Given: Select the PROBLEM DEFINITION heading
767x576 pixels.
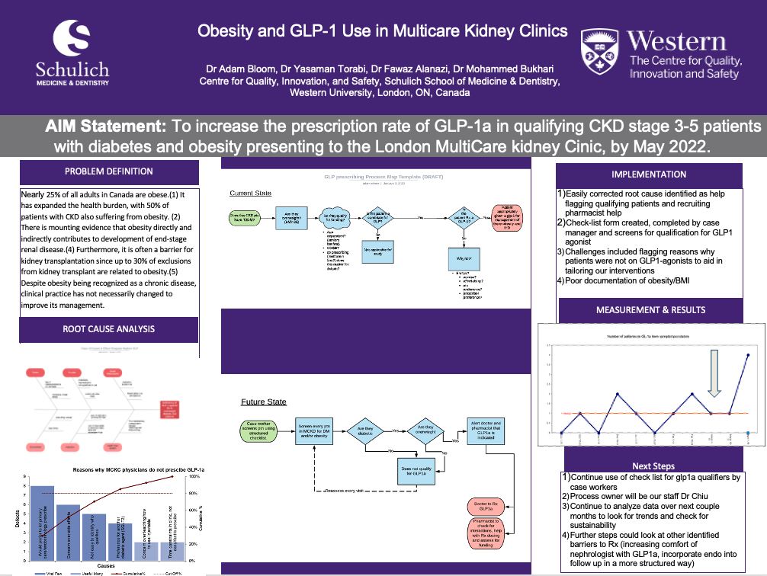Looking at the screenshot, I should (x=108, y=171).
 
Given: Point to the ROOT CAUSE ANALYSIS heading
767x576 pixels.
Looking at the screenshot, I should (x=108, y=329).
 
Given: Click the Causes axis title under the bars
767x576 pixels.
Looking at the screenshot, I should (x=107, y=565).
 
